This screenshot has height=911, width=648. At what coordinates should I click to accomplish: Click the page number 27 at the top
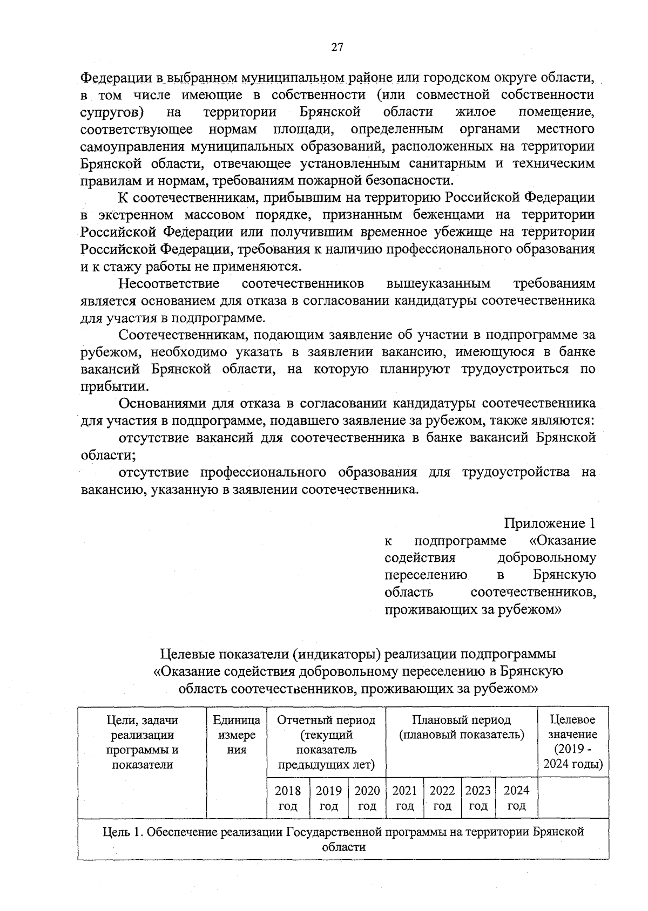(336, 47)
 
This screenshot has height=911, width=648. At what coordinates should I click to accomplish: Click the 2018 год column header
(288, 798)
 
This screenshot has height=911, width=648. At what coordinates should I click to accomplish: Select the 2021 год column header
(404, 798)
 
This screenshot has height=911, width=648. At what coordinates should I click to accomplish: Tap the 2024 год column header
(516, 798)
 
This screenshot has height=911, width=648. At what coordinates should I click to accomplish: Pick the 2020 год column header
(367, 798)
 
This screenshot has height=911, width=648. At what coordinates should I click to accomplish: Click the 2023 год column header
(478, 798)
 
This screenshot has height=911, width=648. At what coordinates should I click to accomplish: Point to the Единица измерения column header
(237, 735)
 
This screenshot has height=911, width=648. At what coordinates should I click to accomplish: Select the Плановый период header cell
(461, 727)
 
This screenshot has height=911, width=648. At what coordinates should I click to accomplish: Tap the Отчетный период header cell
(326, 742)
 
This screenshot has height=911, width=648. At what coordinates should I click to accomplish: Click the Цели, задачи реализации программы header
(143, 742)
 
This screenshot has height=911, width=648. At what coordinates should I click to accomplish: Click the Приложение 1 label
(550, 523)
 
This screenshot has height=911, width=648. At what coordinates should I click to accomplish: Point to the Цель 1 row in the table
(343, 839)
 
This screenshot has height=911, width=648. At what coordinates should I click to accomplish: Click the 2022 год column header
(442, 798)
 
